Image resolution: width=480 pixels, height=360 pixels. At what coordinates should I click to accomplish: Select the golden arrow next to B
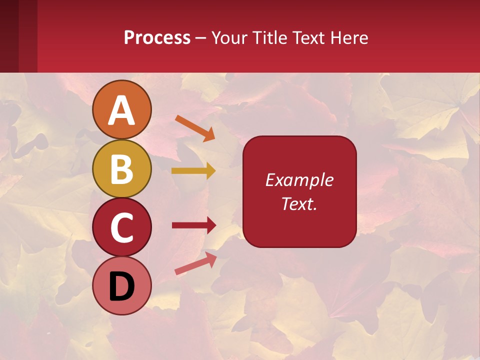pos(193,171)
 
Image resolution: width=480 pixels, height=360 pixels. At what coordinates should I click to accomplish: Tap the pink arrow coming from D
pos(195,263)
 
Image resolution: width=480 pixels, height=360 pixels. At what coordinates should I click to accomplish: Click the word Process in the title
pos(157,37)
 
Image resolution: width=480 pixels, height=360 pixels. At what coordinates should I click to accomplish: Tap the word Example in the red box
pos(299,180)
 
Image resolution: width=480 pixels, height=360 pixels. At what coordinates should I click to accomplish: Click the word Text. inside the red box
pos(299,203)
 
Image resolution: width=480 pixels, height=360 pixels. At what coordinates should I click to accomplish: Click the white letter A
pos(121,111)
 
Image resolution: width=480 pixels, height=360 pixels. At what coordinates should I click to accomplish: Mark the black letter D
pos(121,286)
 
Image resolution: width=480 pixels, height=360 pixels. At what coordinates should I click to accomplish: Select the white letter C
pos(121,228)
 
